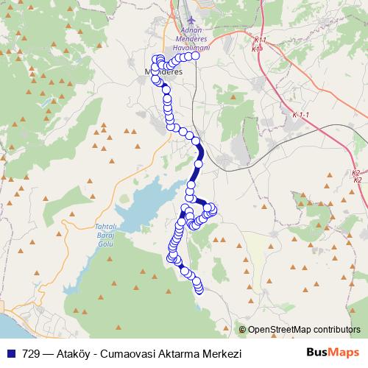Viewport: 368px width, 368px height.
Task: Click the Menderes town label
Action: coord(160,72)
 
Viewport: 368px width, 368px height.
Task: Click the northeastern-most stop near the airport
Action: coord(196,55)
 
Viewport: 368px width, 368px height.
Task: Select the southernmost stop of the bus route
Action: coord(199,288)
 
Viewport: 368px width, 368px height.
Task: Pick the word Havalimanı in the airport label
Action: coord(191,46)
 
